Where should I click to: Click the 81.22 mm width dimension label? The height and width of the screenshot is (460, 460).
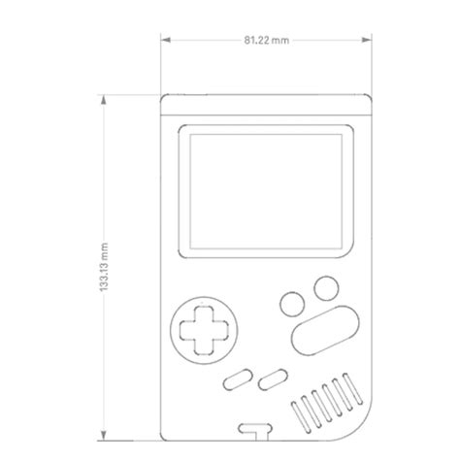coord(265,40)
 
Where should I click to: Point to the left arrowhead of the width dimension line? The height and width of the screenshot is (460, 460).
coord(164,40)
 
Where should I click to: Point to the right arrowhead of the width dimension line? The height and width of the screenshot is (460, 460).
coord(367,40)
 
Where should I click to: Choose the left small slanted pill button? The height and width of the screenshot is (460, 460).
coord(236,379)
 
